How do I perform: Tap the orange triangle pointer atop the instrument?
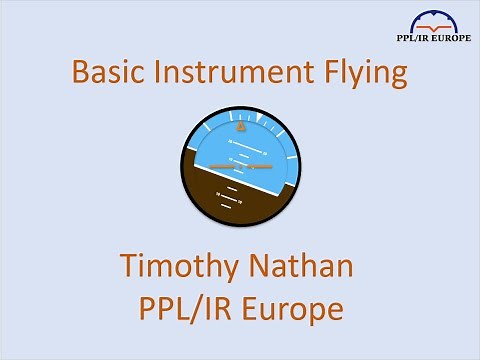coord(240,128)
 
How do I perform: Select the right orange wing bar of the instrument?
coord(261,166)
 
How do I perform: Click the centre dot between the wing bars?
coord(241,166)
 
